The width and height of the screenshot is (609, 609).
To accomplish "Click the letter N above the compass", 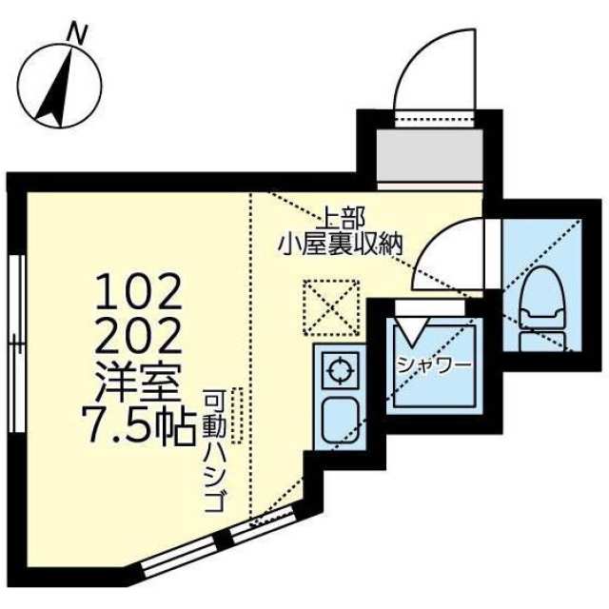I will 78,33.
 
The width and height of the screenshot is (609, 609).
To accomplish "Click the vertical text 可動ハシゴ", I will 214,452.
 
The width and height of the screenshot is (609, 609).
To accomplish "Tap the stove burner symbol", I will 338,369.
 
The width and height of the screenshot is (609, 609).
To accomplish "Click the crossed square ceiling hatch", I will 330,307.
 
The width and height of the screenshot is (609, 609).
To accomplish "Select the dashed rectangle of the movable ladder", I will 239,415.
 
